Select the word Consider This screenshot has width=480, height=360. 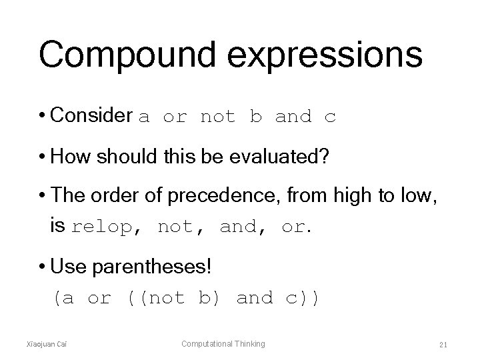pos(91,116)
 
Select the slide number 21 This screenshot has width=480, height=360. pos(443,345)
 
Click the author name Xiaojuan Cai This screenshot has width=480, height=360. pos(55,344)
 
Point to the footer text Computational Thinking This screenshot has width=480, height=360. pos(223,344)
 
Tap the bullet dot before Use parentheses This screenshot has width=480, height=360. pos(43,268)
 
